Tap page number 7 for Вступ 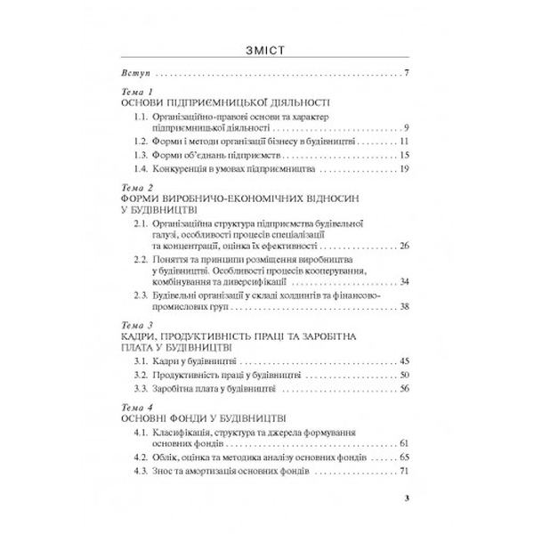[406, 71]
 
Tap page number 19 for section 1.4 [403, 168]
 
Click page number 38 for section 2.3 [403, 306]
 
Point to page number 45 [403, 361]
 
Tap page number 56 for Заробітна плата [403, 388]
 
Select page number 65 [403, 457]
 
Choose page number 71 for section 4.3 [403, 471]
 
